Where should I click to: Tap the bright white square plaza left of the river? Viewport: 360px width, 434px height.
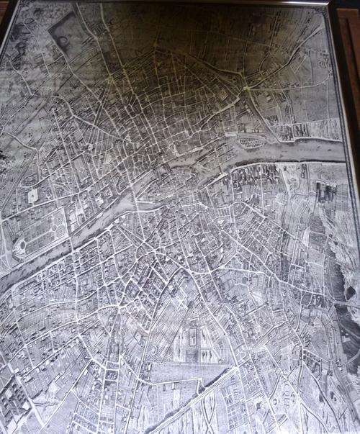(x=32, y=196)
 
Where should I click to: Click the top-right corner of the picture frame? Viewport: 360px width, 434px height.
(x=330, y=4)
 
